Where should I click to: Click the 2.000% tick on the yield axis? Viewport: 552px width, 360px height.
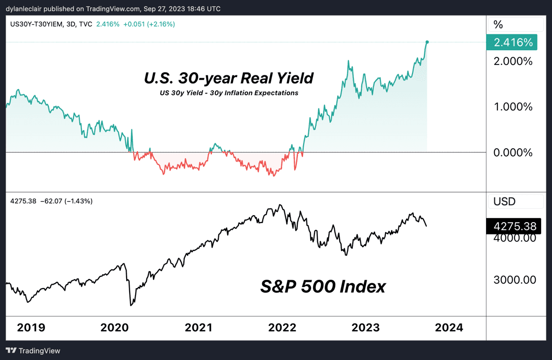pyautogui.click(x=513, y=62)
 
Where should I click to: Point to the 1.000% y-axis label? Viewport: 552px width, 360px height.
pyautogui.click(x=513, y=107)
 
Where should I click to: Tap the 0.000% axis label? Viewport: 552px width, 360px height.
pyautogui.click(x=513, y=153)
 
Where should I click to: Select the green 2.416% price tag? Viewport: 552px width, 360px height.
pyautogui.click(x=513, y=42)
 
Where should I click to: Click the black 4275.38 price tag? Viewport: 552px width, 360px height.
pyautogui.click(x=514, y=226)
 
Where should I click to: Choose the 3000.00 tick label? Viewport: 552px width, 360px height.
pyautogui.click(x=515, y=280)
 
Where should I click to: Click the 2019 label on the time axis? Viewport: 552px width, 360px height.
pyautogui.click(x=31, y=327)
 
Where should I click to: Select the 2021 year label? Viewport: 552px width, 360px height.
pyautogui.click(x=199, y=327)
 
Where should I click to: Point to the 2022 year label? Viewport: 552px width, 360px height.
pyautogui.click(x=282, y=327)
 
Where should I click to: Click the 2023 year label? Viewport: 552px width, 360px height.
pyautogui.click(x=365, y=327)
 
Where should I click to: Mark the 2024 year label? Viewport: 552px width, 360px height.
pyautogui.click(x=449, y=327)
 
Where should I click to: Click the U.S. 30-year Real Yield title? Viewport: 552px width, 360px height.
pyautogui.click(x=229, y=78)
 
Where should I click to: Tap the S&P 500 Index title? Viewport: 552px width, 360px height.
pyautogui.click(x=323, y=286)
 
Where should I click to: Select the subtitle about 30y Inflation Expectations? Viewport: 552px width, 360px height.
pyautogui.click(x=228, y=93)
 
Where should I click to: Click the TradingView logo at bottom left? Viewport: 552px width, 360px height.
pyautogui.click(x=33, y=351)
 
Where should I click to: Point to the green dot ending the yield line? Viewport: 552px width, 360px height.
pyautogui.click(x=427, y=42)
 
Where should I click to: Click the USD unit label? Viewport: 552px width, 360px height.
pyautogui.click(x=505, y=201)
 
